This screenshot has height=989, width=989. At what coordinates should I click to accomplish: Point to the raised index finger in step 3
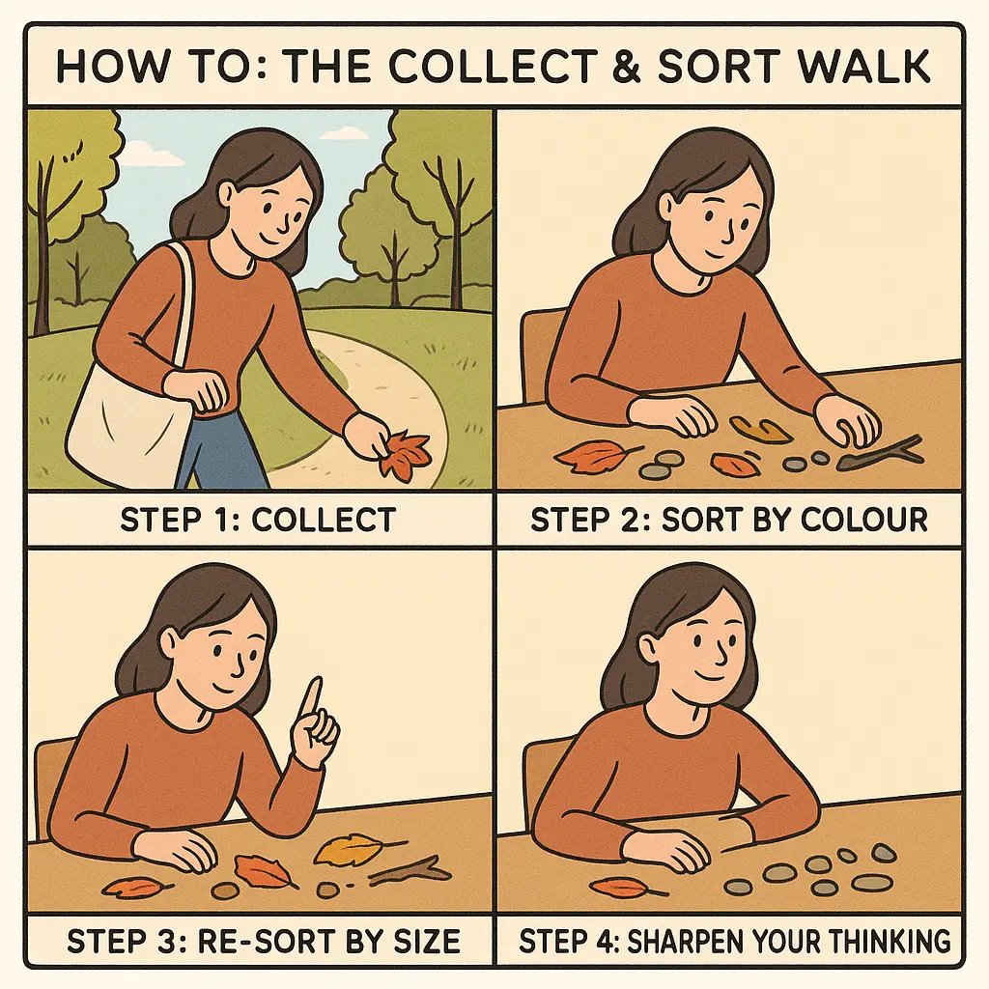coord(311,701)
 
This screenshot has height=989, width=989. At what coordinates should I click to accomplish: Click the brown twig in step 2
coord(881,454)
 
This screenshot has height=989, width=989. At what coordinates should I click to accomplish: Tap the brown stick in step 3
coord(410,870)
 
